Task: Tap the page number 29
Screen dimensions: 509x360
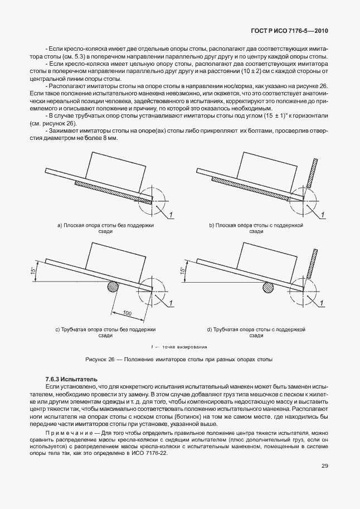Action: [x=324, y=482]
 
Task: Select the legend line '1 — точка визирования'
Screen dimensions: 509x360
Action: [x=179, y=346]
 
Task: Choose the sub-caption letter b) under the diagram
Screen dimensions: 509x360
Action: [x=211, y=224]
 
